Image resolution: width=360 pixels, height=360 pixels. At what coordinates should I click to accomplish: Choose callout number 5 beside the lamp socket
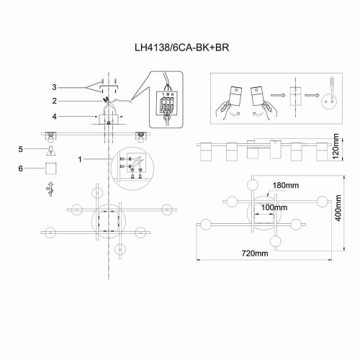[x=22, y=149]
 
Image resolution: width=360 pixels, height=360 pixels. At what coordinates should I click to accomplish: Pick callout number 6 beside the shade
[x=22, y=168]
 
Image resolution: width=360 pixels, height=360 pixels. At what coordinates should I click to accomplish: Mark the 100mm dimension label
[x=274, y=207]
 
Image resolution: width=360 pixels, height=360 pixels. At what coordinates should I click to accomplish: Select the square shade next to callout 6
[x=50, y=168]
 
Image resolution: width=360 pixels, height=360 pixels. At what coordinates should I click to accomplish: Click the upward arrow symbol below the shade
[x=50, y=188]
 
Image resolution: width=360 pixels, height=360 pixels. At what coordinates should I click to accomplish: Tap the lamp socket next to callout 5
[x=50, y=150]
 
